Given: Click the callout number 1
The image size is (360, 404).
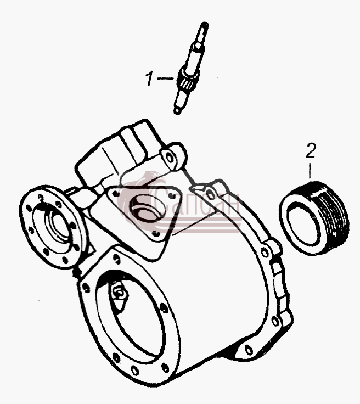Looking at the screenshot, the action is pos(149,78).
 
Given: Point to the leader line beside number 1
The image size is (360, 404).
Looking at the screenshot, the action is pos(165,78).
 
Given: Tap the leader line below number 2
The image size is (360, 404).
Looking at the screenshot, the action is pos(310,171).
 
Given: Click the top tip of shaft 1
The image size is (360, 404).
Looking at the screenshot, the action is pos(205,24).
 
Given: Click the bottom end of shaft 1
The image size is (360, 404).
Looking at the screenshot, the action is pos(177,111).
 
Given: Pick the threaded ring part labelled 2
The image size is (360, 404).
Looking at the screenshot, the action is pos(314,218).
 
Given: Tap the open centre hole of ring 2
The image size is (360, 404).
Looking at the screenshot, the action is pos(304,223).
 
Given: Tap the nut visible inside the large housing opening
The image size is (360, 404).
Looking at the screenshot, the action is pos(120,293).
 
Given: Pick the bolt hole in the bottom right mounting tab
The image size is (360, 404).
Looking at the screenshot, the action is pos(249,350).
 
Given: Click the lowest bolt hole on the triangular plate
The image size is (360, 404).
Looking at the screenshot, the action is pos(155,233).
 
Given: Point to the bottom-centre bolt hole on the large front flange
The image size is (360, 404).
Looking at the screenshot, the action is pos(135,371).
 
